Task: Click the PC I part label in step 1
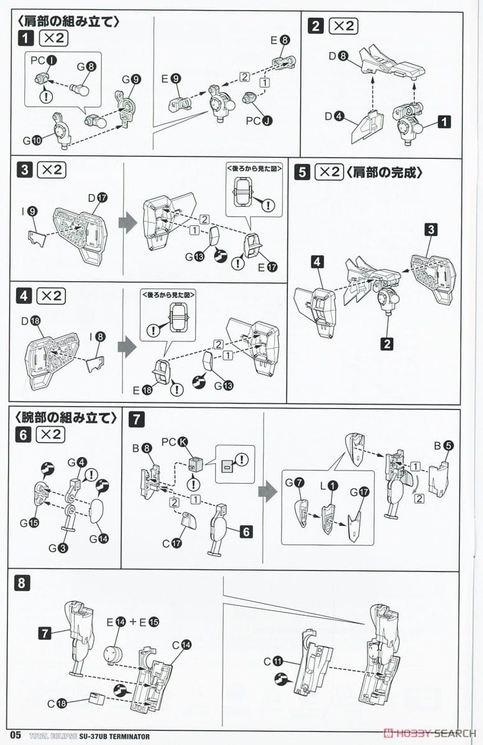tap(41, 61)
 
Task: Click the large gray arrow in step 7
tap(268, 493)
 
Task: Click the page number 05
tap(15, 736)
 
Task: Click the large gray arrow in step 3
tap(127, 224)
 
